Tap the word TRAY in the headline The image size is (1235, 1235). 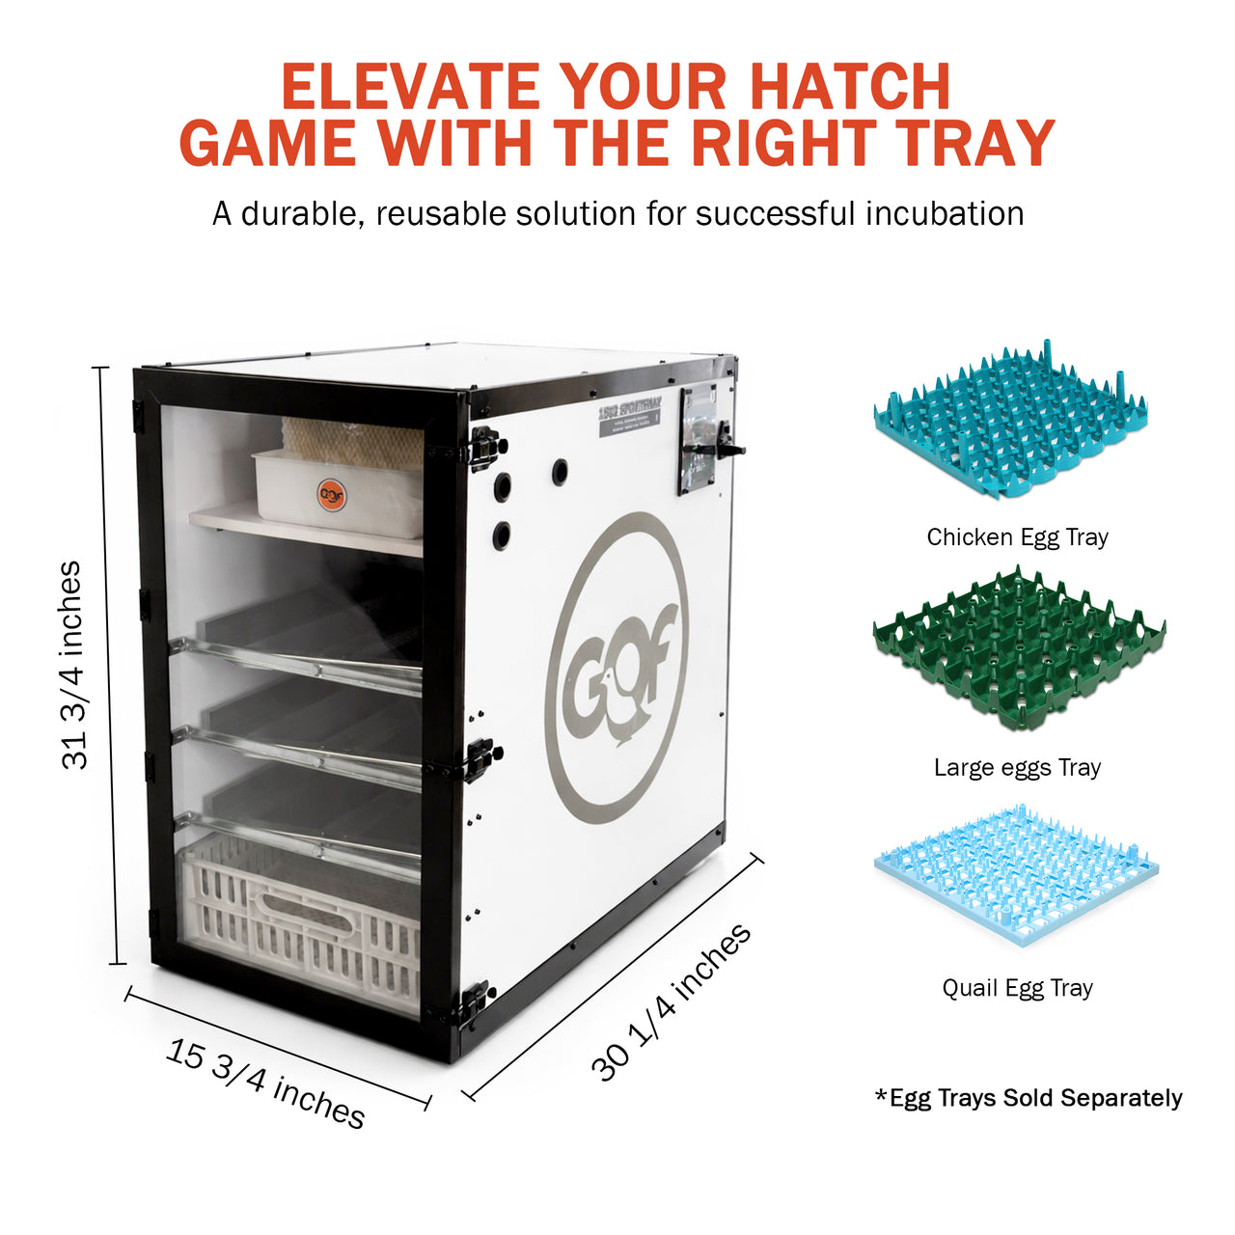pos(974,144)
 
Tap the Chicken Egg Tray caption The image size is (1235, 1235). pos(1017,537)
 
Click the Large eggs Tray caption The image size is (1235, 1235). pos(1017,768)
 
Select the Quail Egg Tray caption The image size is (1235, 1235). pos(1017,988)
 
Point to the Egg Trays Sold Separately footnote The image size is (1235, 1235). pos(1029,1098)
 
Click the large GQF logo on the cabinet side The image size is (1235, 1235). pos(617,668)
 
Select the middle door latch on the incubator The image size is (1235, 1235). pos(481,758)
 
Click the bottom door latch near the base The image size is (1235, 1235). pos(475,1003)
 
